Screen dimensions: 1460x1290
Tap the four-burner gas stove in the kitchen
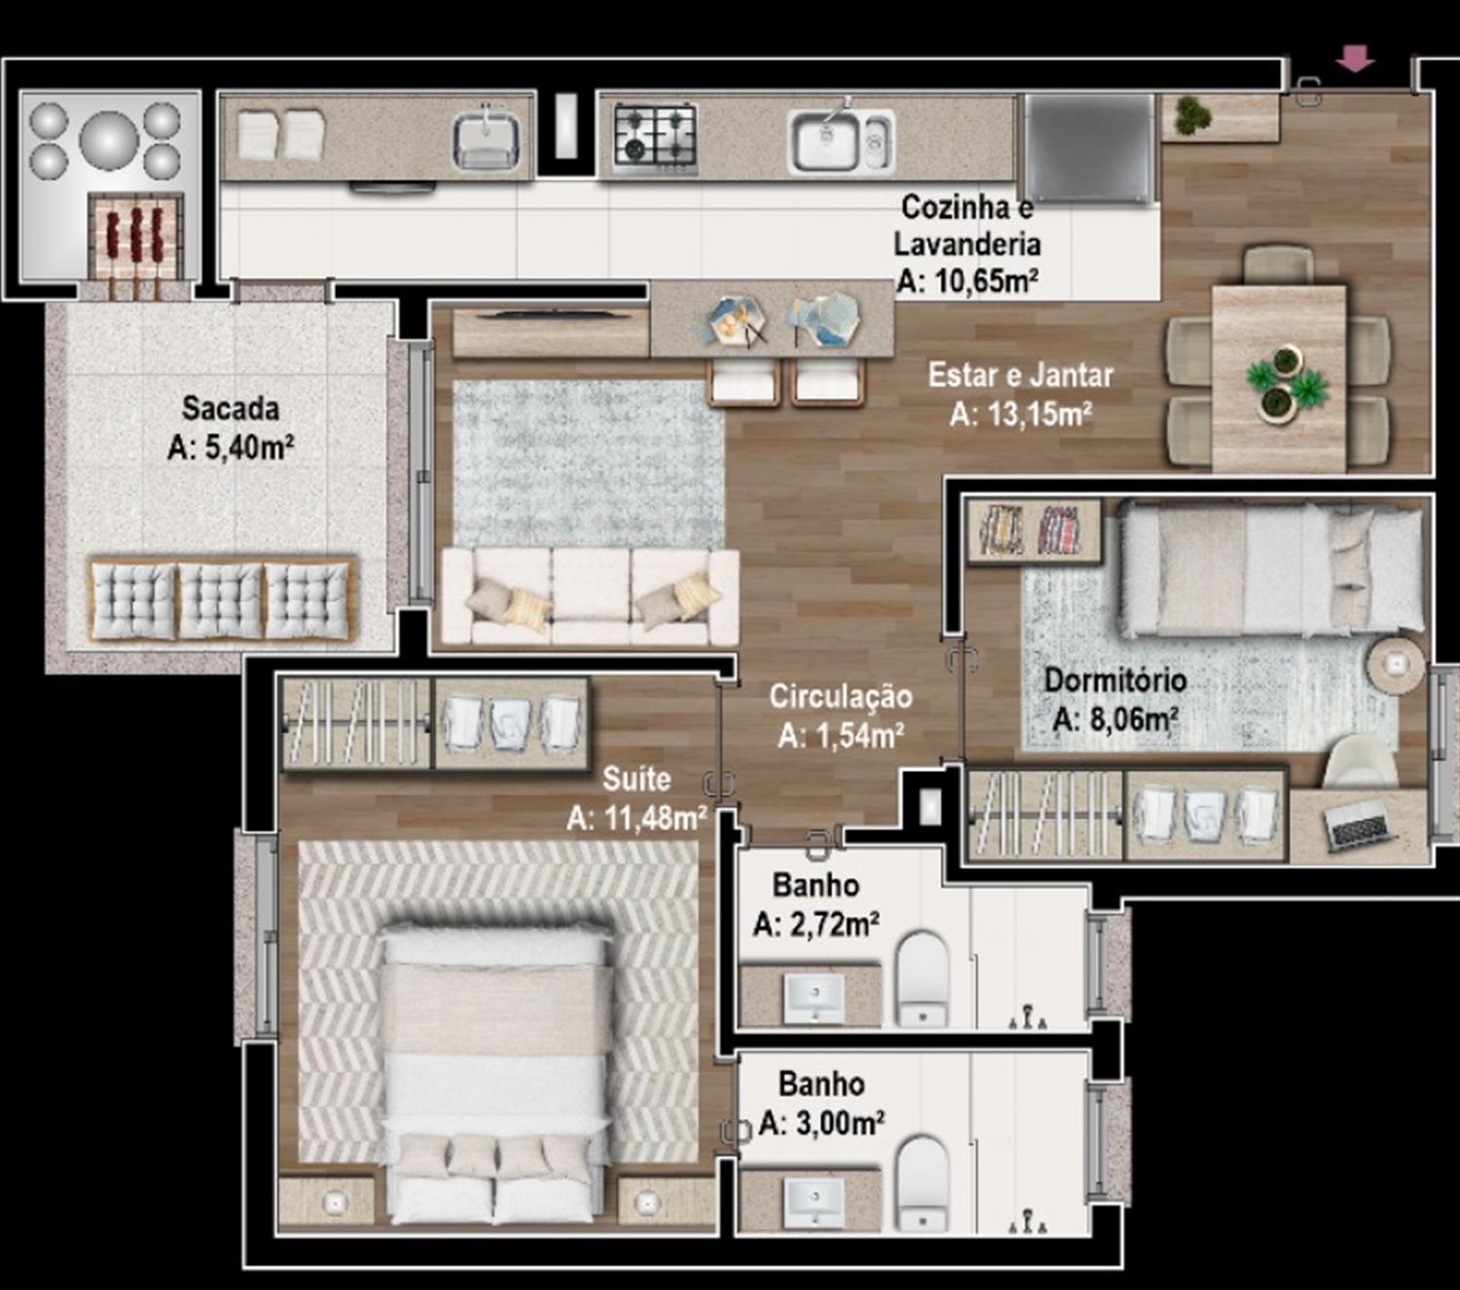click(655, 137)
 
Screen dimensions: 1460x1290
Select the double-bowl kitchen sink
click(841, 141)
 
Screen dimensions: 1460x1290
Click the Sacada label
click(230, 409)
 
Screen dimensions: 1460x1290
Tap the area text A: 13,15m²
click(1020, 415)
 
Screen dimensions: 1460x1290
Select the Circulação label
click(841, 696)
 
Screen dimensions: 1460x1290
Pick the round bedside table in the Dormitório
click(1397, 664)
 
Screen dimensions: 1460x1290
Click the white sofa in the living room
click(590, 596)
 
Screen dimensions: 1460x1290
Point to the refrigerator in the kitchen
click(1089, 149)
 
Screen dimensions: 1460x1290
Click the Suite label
click(637, 780)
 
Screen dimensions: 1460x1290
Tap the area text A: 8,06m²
click(1115, 719)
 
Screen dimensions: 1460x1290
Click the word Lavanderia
click(967, 244)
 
